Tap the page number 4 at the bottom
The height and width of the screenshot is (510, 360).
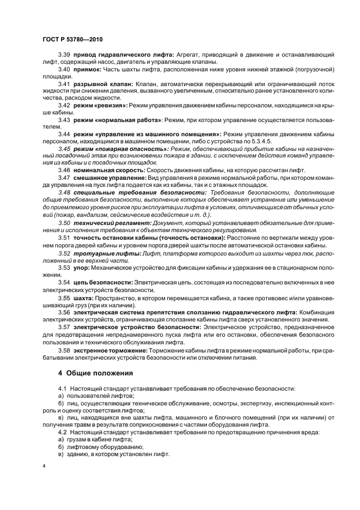[44, 466]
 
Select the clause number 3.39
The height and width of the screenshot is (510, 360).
[64, 55]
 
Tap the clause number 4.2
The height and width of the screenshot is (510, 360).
[62, 432]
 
